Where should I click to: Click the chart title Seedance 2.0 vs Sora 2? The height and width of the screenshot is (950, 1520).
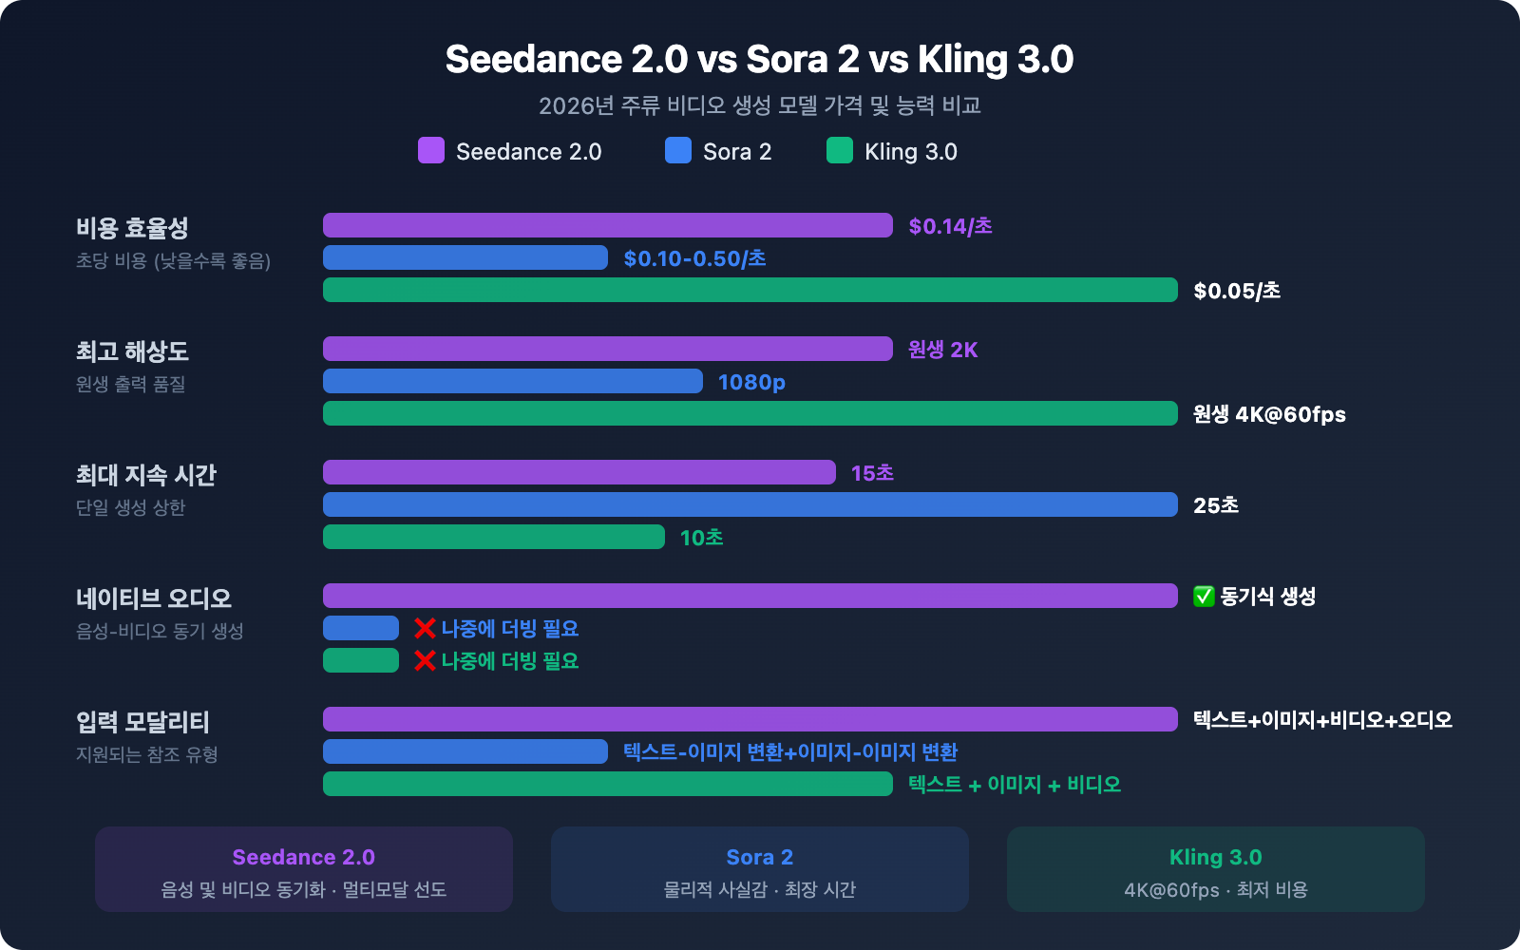(759, 59)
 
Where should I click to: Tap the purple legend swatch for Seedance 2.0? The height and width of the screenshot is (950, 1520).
(431, 151)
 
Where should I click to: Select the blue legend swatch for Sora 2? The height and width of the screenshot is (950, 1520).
(678, 151)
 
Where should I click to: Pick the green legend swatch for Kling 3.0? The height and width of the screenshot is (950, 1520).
(840, 151)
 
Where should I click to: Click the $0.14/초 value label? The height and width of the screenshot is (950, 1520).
(950, 226)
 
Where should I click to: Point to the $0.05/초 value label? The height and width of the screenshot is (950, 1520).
(1237, 291)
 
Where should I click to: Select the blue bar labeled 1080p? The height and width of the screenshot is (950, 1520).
(513, 381)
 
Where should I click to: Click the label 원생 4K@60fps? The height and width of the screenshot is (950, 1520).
(1269, 414)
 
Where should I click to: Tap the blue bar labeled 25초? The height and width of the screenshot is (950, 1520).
(750, 504)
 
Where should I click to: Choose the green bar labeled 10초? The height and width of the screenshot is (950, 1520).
(494, 537)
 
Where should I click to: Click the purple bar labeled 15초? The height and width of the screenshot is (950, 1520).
(579, 472)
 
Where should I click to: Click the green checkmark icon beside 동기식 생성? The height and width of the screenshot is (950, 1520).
(1204, 597)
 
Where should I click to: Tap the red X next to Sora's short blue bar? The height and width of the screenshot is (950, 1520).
(425, 628)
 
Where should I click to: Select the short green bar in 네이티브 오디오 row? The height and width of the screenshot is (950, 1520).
(361, 660)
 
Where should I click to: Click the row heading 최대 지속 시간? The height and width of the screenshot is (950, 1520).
(146, 475)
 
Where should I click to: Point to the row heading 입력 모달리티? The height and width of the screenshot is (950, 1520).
(142, 722)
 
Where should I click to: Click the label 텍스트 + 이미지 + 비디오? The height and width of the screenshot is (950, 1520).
(1014, 785)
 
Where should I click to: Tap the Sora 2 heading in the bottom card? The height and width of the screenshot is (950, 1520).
(759, 857)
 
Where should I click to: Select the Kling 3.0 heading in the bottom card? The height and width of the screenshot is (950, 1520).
(1215, 857)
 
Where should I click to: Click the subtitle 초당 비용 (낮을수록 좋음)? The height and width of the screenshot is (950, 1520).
(173, 260)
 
